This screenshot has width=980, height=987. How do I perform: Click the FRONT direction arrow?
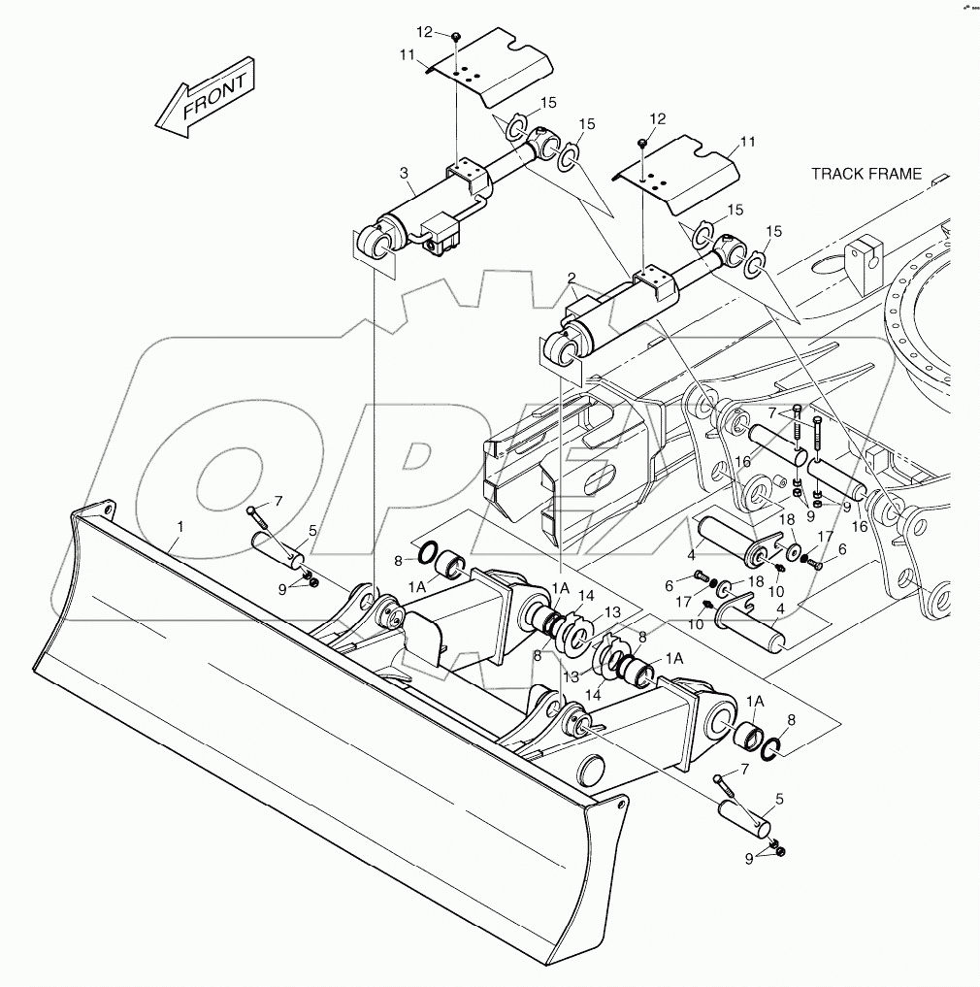point(206,98)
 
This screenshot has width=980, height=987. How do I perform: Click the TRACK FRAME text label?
point(866,174)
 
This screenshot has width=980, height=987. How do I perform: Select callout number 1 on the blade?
point(178,527)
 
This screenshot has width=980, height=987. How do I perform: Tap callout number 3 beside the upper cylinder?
point(403,173)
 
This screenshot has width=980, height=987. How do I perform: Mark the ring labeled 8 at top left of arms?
point(426,554)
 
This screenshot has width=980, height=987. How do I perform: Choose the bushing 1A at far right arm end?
point(747,735)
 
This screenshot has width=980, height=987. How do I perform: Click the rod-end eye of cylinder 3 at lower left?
point(376,240)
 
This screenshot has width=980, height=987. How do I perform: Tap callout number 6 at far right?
point(841,548)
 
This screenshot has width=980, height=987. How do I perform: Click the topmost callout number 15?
point(548,103)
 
